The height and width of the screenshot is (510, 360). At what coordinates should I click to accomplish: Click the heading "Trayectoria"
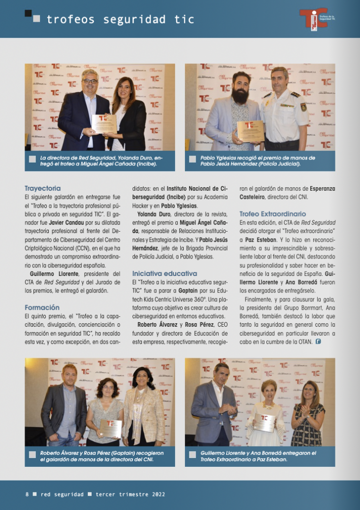click(x=43, y=188)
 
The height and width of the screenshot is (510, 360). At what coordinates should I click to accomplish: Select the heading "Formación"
click(x=42, y=307)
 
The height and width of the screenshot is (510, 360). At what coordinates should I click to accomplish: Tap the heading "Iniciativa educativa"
click(x=164, y=273)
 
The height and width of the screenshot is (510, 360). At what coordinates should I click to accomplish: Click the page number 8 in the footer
click(x=27, y=495)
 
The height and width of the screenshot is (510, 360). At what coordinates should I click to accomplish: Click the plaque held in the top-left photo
click(x=104, y=124)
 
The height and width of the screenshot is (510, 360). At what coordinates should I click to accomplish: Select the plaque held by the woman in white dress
click(x=264, y=422)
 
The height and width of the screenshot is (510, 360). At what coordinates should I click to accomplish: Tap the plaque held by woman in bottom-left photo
click(x=111, y=427)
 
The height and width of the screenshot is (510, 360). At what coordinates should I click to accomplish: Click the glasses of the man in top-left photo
click(x=90, y=81)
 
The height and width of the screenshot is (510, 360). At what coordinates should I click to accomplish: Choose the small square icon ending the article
click(x=318, y=342)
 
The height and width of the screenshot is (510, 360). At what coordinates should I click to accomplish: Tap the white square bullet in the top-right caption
click(x=192, y=159)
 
